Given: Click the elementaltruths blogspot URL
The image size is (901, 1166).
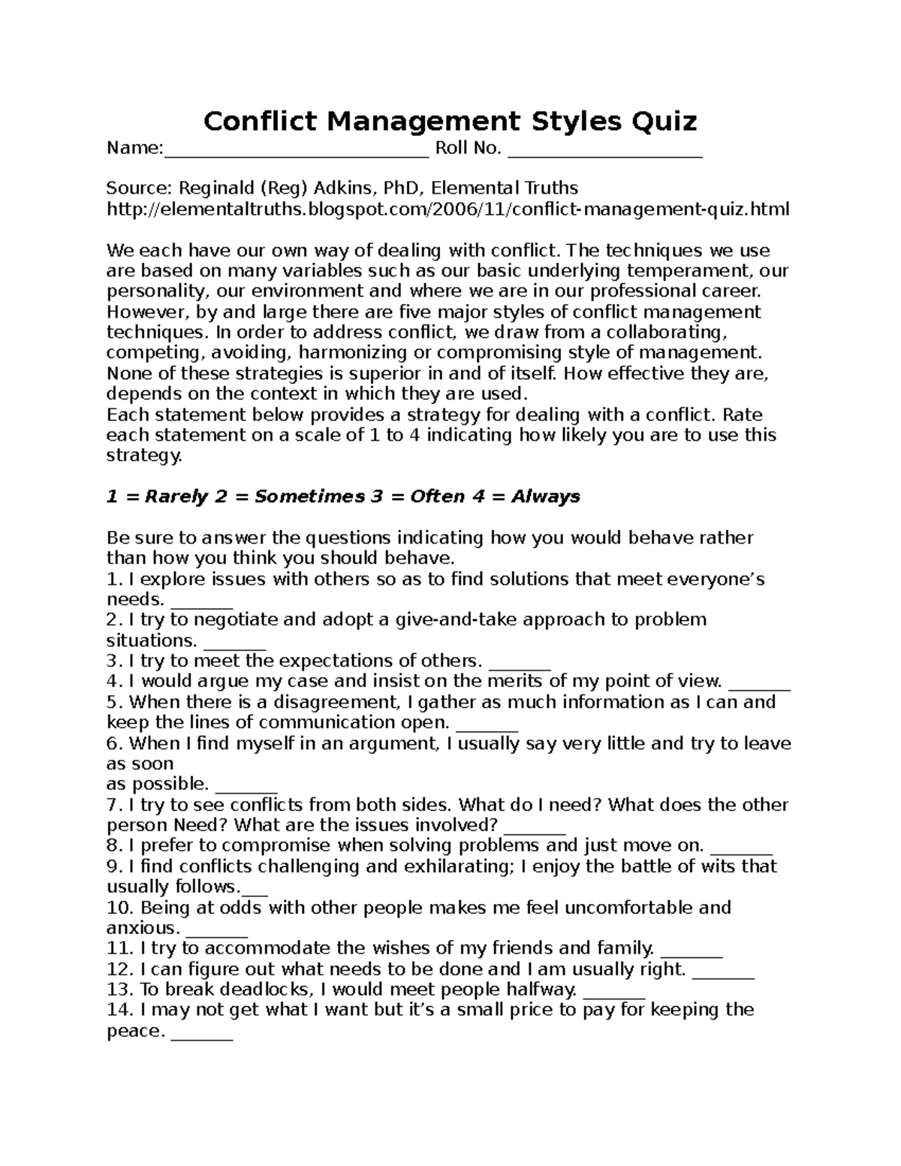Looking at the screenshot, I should tap(448, 209).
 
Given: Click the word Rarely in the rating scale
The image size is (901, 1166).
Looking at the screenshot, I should tap(176, 496).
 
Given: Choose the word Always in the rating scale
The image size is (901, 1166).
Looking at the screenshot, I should tap(546, 496).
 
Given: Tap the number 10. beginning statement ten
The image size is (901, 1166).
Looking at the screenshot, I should tap(120, 908).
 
